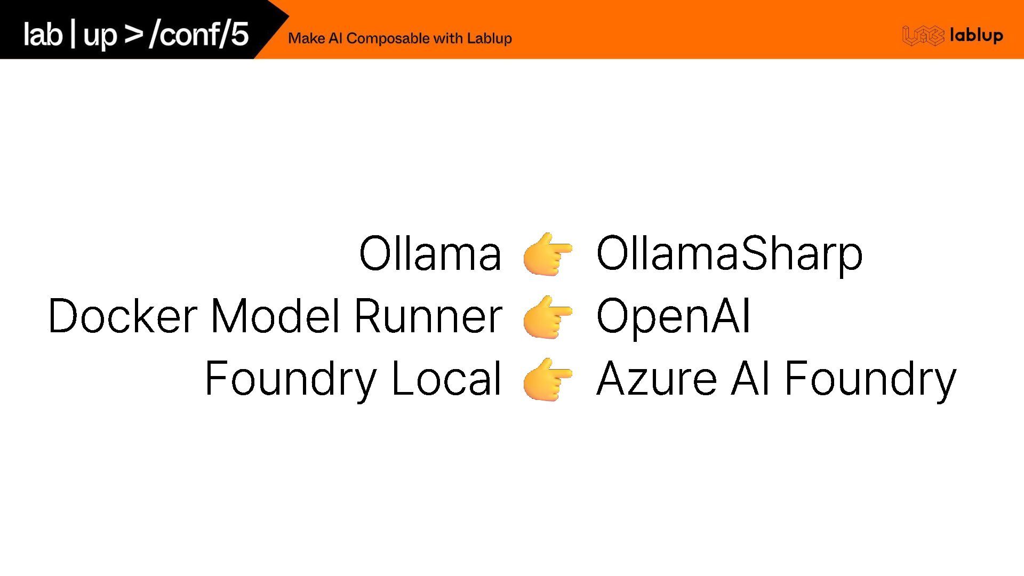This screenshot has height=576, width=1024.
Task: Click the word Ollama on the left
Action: coord(430,253)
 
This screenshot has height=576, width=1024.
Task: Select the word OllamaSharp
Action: coord(729,254)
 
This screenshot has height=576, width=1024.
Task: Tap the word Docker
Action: coord(123,316)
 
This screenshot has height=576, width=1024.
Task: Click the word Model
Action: coord(275,316)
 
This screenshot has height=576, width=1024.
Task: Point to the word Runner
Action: coord(428,316)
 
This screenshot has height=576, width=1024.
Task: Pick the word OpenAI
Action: coord(673,316)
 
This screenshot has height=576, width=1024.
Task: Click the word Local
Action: coord(446,378)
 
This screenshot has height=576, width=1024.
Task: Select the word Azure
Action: coord(656,378)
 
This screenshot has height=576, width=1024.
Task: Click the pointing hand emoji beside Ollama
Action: coord(548,254)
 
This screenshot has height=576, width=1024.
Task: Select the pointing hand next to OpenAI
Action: coord(548,317)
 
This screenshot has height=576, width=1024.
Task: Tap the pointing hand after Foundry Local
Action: coord(548,379)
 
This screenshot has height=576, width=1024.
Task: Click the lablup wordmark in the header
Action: coord(976,36)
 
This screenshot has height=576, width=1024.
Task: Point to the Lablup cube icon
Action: coord(923,36)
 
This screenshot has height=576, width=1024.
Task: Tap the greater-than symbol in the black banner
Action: coord(133,34)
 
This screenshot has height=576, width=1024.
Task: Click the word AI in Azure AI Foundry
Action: coord(750,378)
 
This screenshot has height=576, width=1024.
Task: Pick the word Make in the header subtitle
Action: coord(307,38)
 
